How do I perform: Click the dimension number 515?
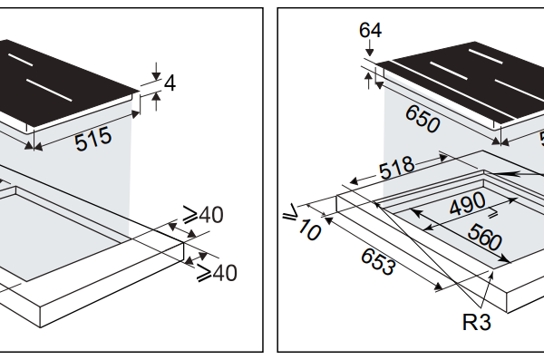click(93, 139)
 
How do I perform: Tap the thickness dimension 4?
click(170, 83)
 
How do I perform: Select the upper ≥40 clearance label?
click(203, 215)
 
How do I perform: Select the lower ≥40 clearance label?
click(217, 273)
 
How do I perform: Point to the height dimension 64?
click(370, 30)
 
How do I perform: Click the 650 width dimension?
click(423, 119)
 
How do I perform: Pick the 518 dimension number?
click(396, 168)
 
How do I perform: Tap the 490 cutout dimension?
click(467, 203)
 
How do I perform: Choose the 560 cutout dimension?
click(484, 237)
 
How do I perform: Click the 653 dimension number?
click(378, 262)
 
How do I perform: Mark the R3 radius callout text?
click(477, 322)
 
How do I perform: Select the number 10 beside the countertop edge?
click(309, 229)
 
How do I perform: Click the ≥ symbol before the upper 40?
click(190, 214)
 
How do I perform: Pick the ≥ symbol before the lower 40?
click(204, 273)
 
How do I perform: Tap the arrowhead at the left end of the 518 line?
click(354, 181)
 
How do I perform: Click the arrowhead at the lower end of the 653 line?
click(438, 287)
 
